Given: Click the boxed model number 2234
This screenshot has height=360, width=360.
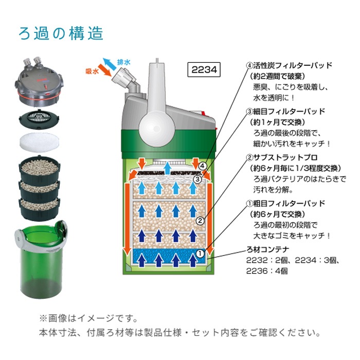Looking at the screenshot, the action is tap(204, 69).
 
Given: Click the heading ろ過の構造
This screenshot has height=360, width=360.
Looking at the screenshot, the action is tap(61, 33).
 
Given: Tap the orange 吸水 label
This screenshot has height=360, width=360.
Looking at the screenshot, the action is tap(92, 71).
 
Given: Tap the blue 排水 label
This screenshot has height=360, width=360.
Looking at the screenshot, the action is tap(124, 62).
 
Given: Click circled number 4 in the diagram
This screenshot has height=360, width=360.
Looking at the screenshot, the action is tap(202, 166).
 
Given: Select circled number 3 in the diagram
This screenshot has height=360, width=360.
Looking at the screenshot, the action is tap(197, 179).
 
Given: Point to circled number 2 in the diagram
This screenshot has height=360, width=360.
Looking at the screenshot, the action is tap(200, 221).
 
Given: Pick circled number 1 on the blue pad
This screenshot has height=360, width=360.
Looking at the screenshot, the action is tap(200, 254).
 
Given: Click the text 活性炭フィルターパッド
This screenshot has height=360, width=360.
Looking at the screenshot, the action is tap(292, 66).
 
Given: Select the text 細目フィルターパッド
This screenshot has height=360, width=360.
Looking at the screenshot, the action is tap(289, 112).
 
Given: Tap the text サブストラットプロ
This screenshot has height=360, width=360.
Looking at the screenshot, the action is tap(285, 157).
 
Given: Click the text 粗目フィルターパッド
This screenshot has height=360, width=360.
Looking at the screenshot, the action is tap(289, 204).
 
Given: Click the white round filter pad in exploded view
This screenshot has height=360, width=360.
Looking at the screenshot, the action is tap(40, 141).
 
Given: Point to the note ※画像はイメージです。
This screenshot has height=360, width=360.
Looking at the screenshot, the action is tap(88, 318).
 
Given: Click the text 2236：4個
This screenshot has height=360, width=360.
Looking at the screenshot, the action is tap(267, 271).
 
